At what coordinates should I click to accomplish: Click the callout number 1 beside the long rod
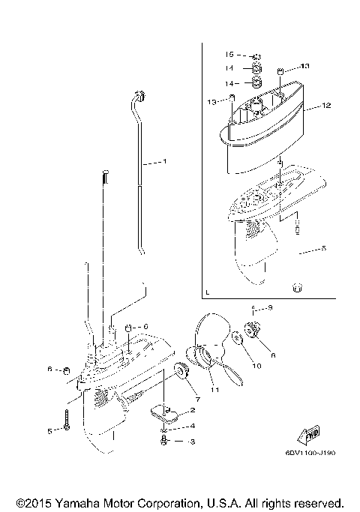pyautogui.click(x=165, y=162)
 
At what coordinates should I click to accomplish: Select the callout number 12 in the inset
pyautogui.click(x=326, y=106)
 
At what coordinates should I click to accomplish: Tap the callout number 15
pyautogui.click(x=231, y=55)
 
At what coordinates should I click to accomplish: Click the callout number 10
pyautogui.click(x=256, y=366)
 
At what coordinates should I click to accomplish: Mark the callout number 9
pyautogui.click(x=270, y=308)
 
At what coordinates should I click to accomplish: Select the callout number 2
pyautogui.click(x=193, y=411)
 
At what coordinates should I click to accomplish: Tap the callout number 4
pyautogui.click(x=193, y=426)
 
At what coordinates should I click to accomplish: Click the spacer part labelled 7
pyautogui.click(x=179, y=371)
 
